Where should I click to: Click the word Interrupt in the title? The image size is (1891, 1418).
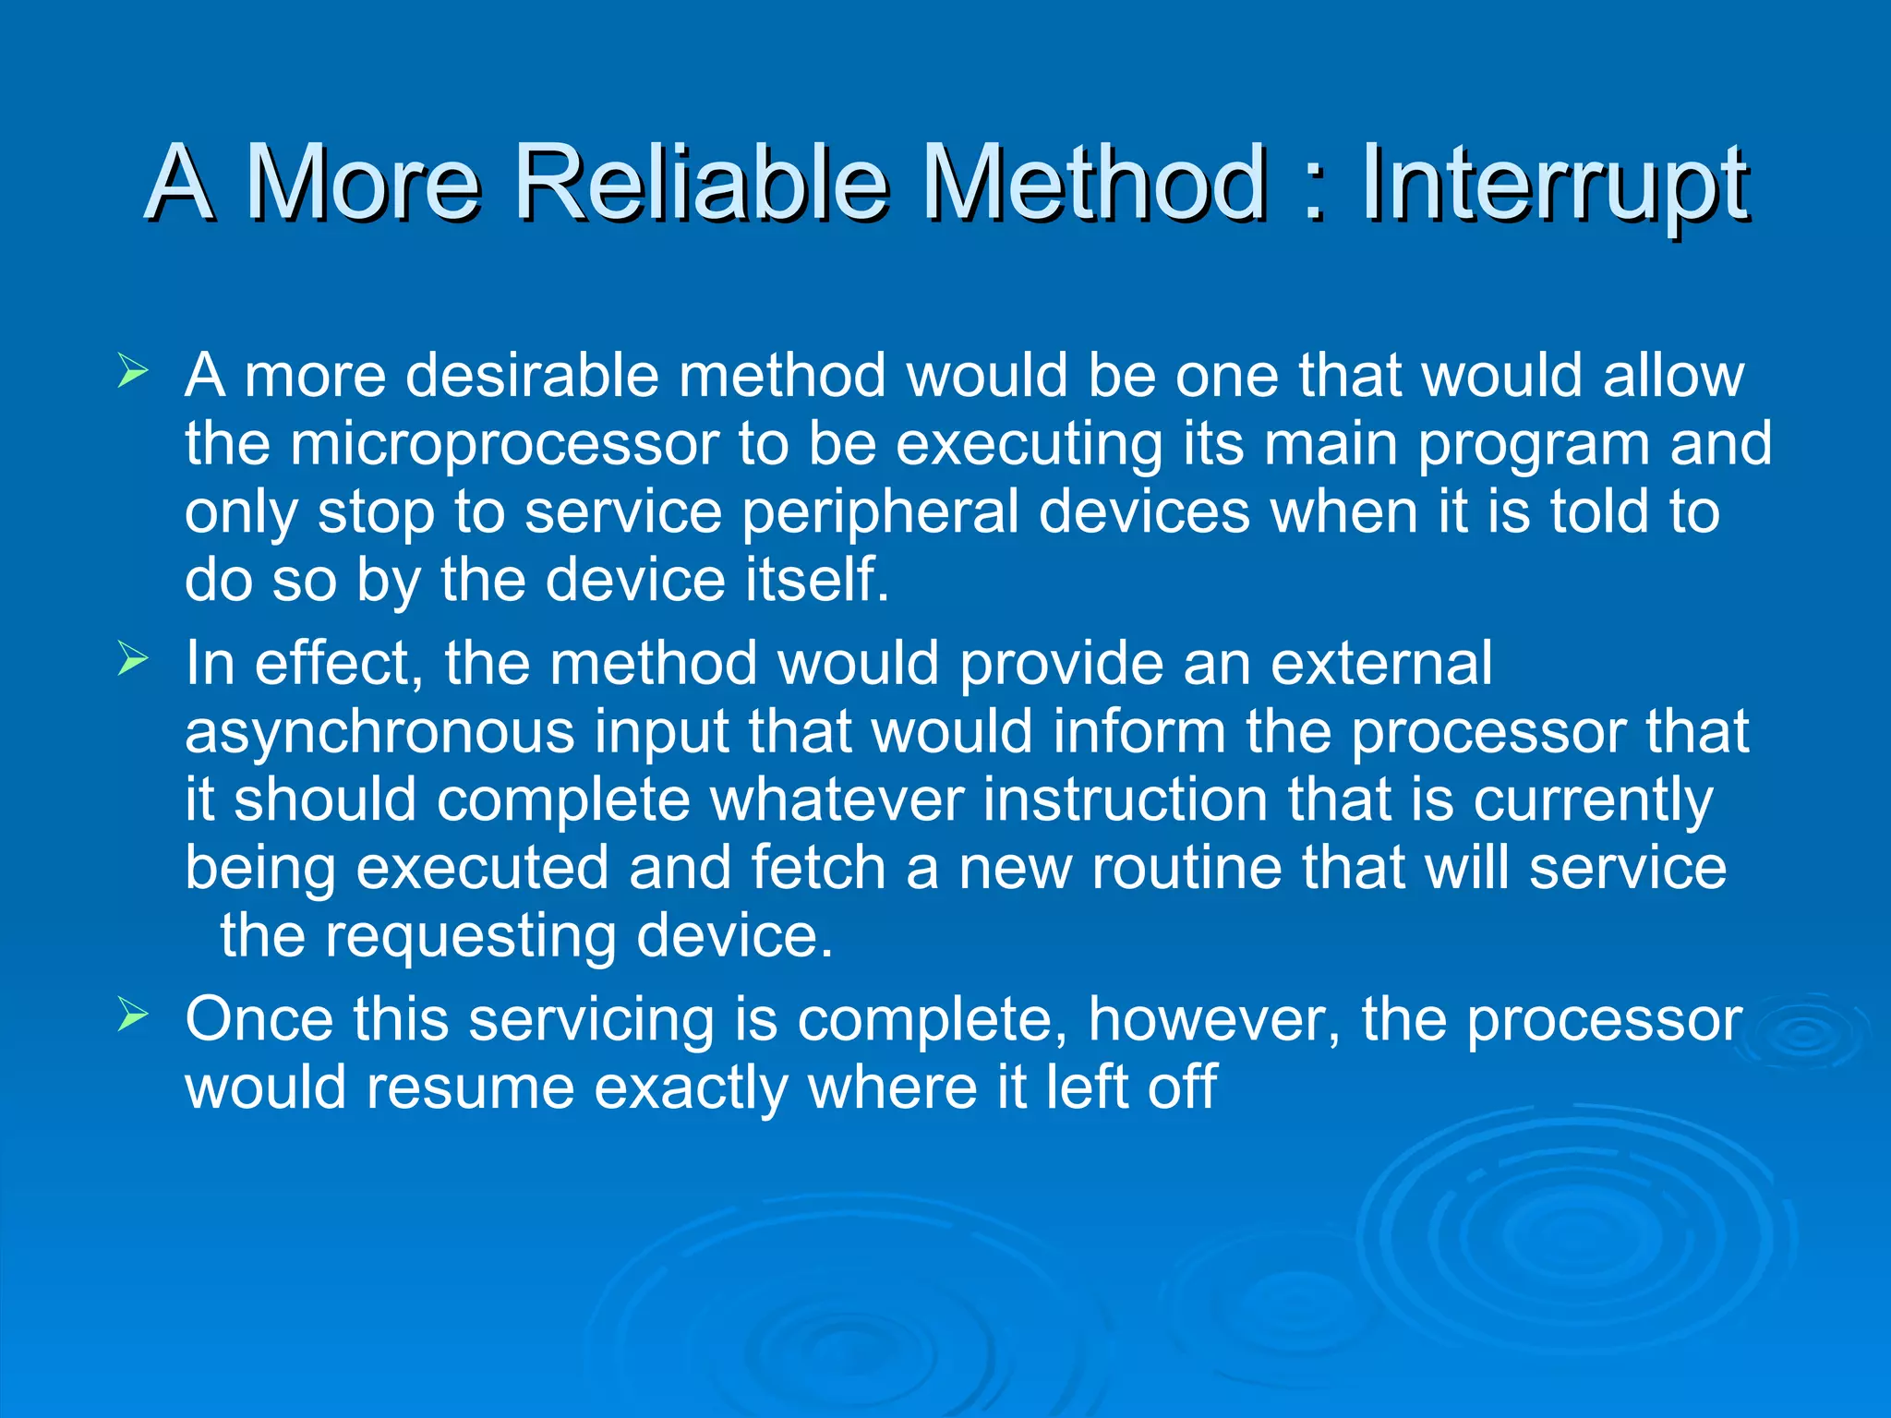(x=1554, y=185)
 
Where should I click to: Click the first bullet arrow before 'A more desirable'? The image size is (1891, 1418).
(x=133, y=373)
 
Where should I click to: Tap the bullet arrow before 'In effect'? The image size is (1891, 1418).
(x=133, y=660)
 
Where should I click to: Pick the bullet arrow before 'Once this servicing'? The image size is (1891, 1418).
(x=133, y=1016)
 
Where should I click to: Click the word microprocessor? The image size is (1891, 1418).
(x=504, y=445)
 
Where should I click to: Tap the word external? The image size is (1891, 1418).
(x=1380, y=663)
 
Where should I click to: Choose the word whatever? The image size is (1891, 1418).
(x=837, y=799)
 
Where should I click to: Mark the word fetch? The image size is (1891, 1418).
(x=818, y=868)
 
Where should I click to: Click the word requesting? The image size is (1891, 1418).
(x=470, y=938)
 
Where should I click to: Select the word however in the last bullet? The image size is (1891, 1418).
(x=1213, y=1019)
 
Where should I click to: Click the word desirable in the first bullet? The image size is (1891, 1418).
(x=533, y=375)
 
